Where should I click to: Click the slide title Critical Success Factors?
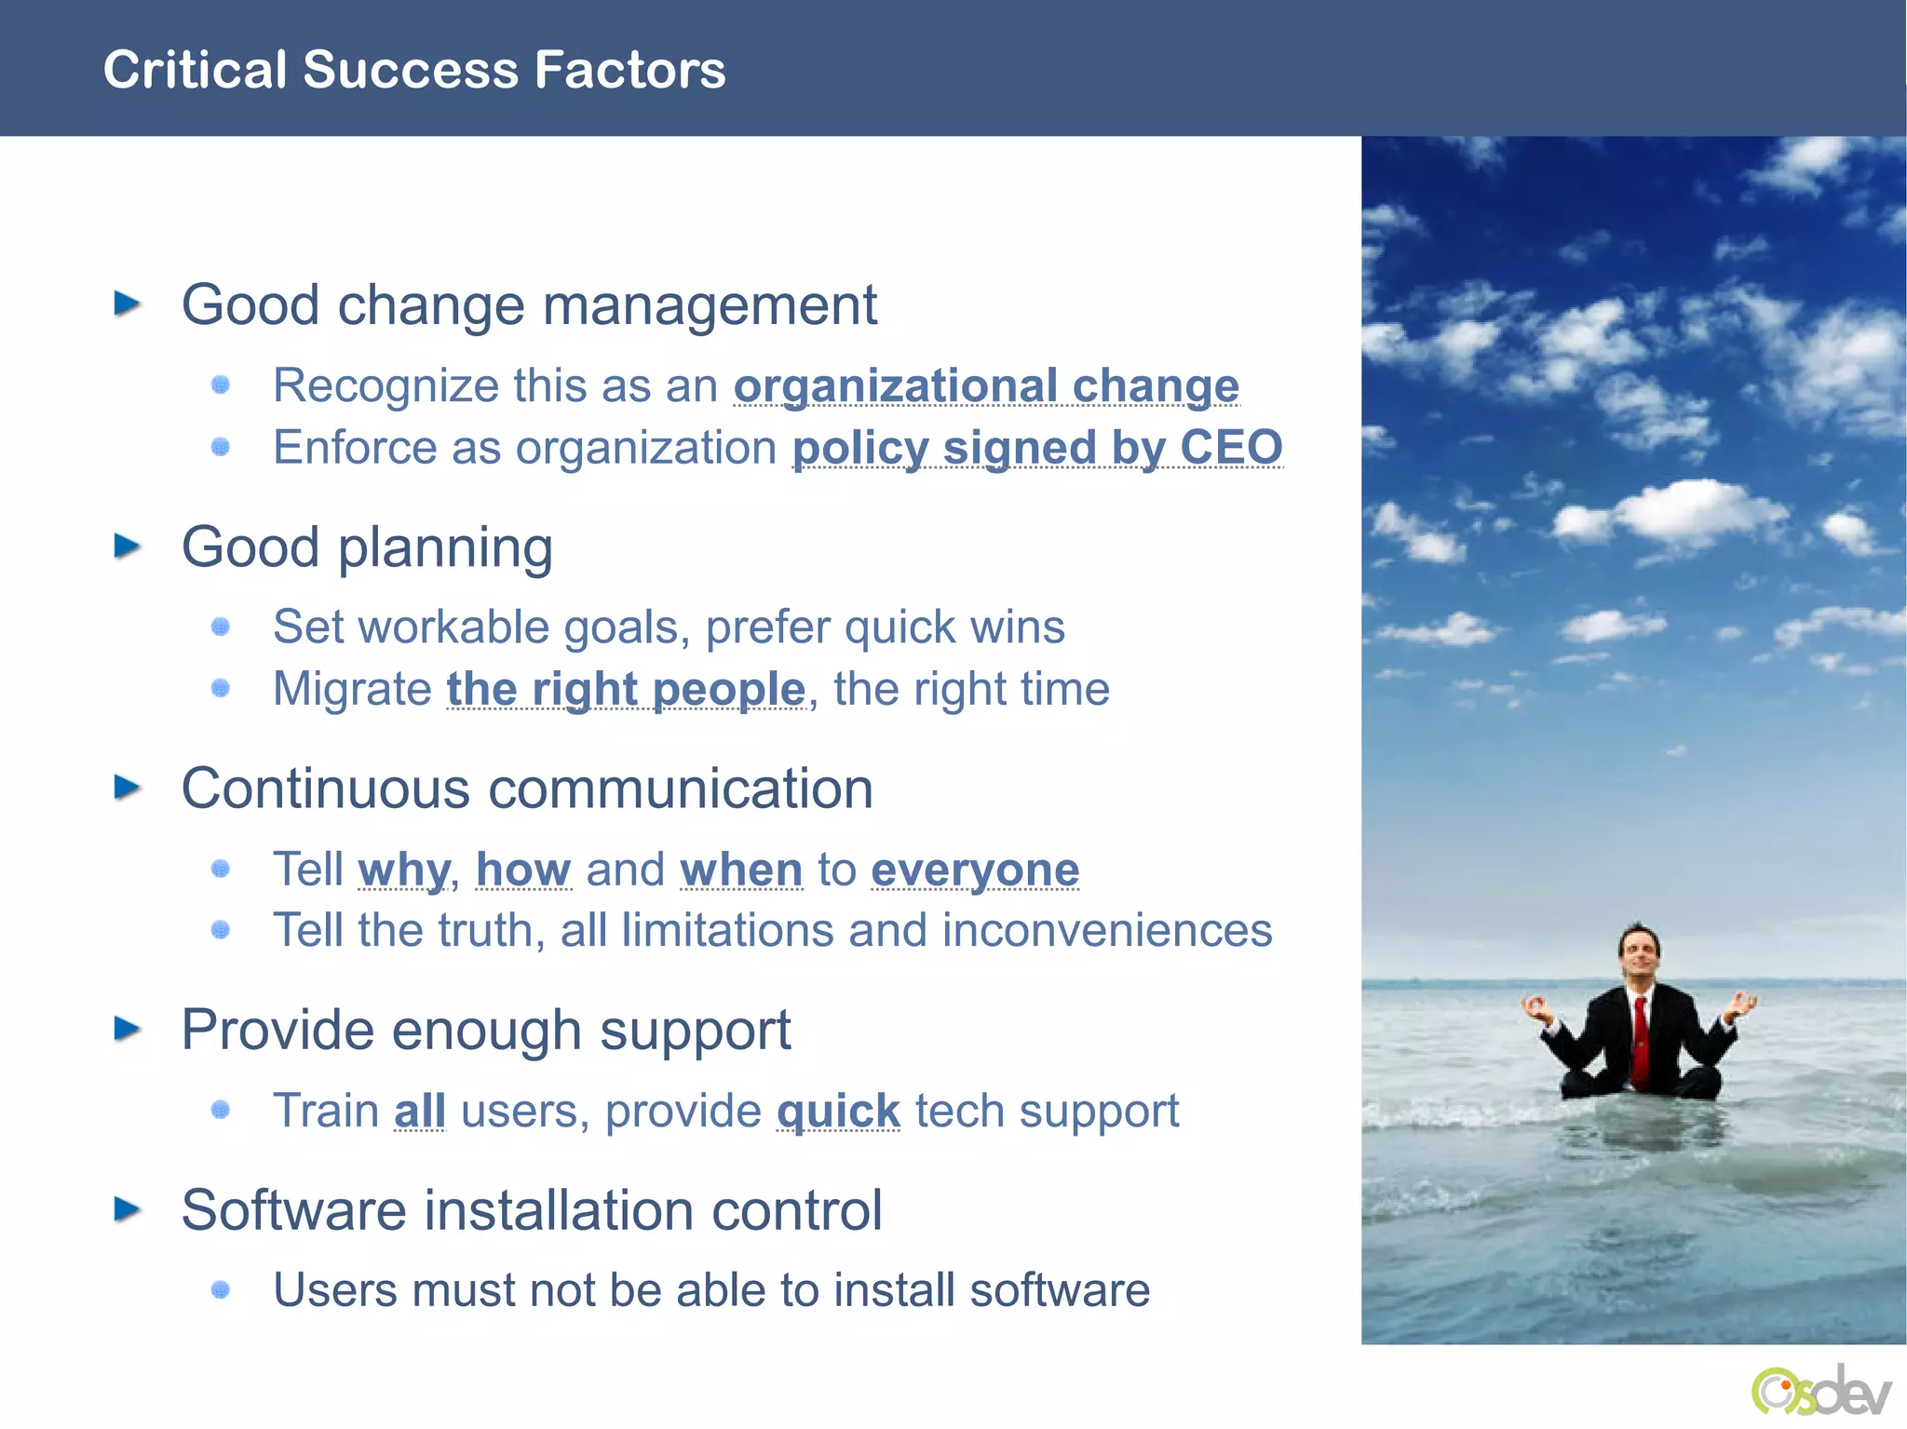413,70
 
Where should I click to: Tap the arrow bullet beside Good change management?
127,303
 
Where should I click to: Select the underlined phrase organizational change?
986,386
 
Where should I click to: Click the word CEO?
1231,448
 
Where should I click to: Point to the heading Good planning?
367,547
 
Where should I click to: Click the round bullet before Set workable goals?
221,627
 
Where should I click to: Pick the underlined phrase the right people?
626,690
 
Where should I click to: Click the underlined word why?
403,870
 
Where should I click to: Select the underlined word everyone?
975,870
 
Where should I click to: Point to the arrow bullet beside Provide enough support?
127,1030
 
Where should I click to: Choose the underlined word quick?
838,1112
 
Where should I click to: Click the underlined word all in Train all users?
420,1112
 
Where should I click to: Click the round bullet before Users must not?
221,1289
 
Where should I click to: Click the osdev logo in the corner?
1819,1392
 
